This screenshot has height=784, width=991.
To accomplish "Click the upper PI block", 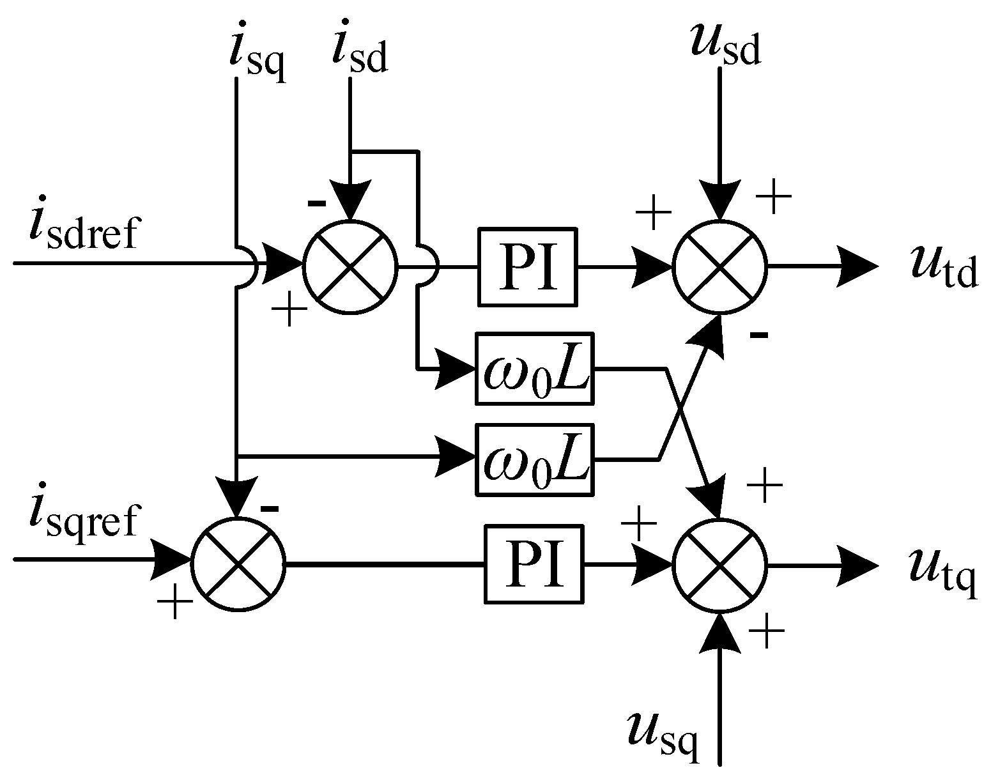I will coord(526,266).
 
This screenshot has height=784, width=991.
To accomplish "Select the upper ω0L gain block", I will coord(534,368).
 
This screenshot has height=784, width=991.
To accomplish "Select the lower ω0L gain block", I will coord(534,459).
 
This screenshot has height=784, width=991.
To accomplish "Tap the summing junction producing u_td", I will coord(719,267).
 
